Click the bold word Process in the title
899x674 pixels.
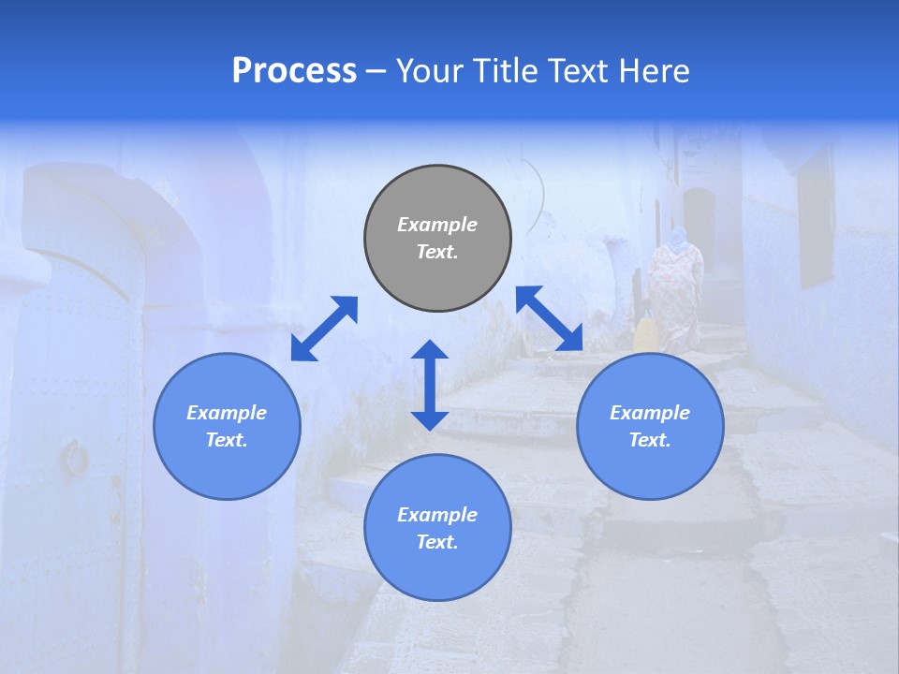294,71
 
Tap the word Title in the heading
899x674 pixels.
505,71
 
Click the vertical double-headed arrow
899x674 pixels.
430,385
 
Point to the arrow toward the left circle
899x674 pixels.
324,329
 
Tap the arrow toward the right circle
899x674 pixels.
550,318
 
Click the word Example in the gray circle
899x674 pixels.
437,225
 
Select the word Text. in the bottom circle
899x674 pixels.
437,542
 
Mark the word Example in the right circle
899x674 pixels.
650,413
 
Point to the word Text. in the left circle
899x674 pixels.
227,440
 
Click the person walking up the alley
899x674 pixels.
675,290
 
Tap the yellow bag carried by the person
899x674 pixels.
645,334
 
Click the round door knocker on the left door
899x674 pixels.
75,458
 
